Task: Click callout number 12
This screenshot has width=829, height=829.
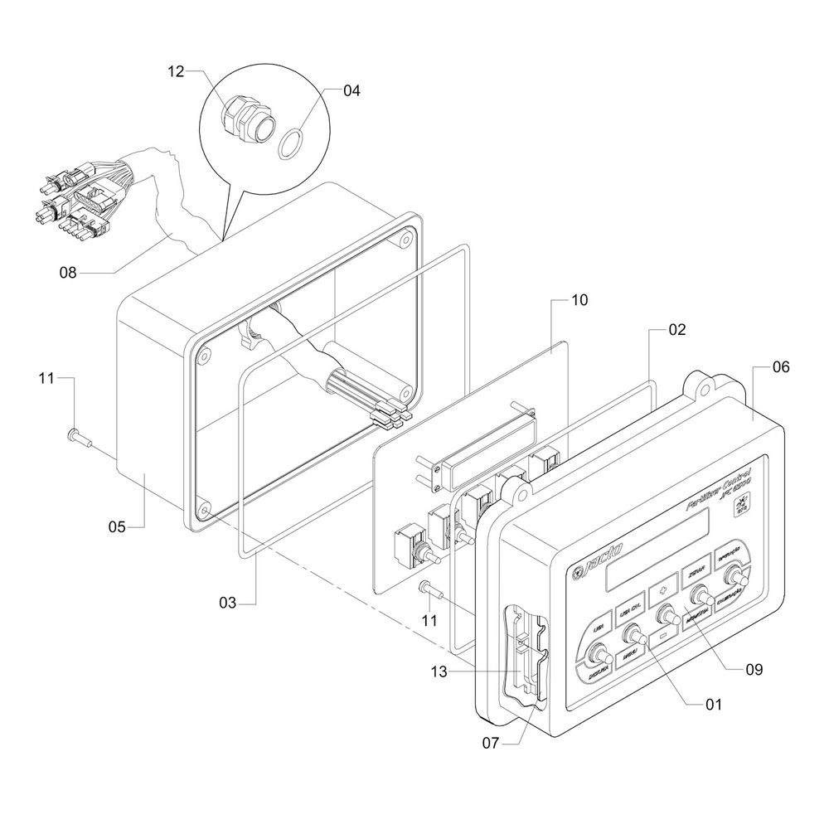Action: coord(175,72)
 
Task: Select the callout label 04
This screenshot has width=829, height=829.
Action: coord(351,91)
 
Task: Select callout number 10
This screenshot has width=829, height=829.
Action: coord(579,299)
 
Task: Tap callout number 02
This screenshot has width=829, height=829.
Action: coord(677,329)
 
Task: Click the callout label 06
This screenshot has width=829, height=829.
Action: coord(779,366)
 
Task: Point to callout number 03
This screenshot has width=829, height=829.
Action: coord(228,604)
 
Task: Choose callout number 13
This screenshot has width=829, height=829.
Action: coord(439,672)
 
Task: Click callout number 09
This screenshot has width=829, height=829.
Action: coord(753,668)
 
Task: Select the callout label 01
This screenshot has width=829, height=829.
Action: coord(713,705)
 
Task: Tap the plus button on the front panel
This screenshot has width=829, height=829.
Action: coord(662,592)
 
